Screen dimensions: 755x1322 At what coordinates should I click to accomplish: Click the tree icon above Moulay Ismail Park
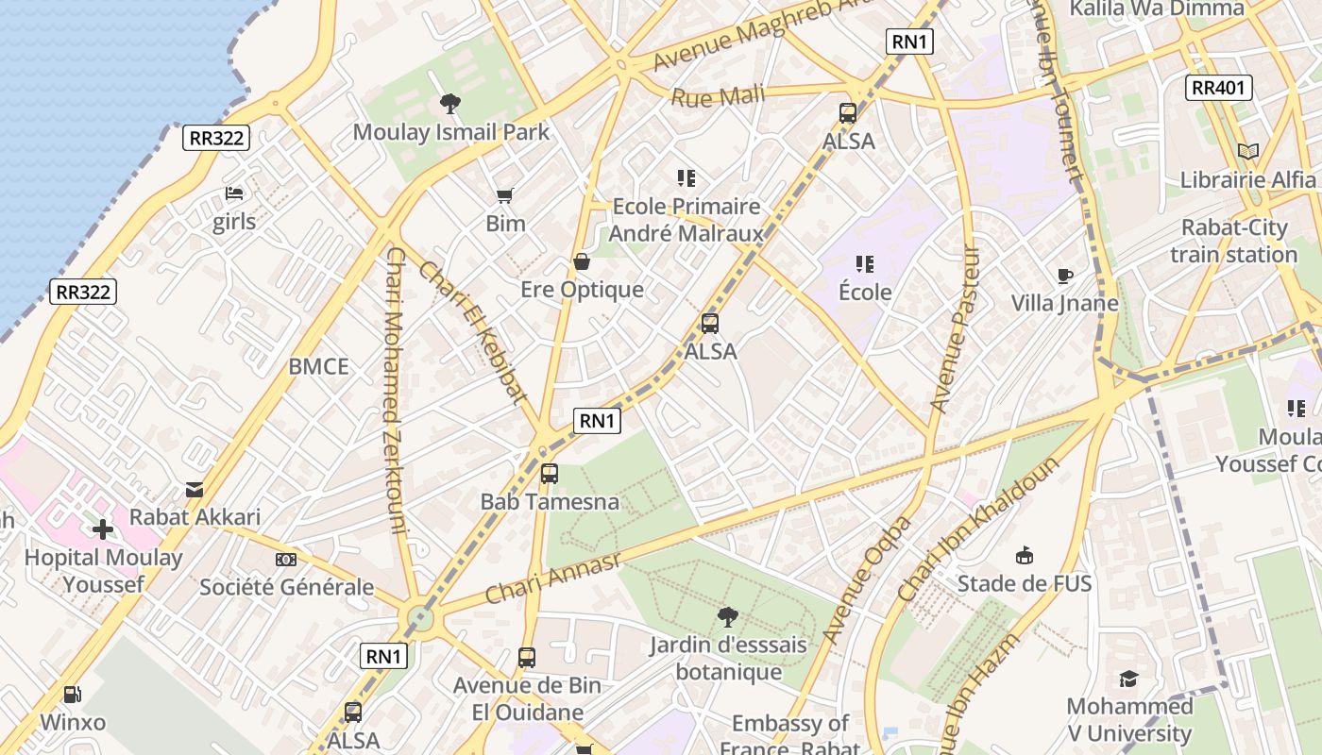point(450,104)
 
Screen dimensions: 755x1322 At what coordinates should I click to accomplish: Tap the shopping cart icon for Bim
point(505,195)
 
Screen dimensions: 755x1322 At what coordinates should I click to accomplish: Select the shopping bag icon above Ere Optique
point(582,261)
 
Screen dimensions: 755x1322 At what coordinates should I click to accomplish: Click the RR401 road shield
point(1219,88)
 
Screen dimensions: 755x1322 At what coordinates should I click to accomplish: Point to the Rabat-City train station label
point(1233,242)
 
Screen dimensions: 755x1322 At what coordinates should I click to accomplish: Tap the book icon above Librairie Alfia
point(1248,151)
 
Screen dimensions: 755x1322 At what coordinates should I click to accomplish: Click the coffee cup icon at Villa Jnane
point(1065,276)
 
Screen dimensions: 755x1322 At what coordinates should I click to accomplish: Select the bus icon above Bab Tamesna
point(550,474)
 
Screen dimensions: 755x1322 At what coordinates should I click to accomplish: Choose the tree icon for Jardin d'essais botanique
point(727,617)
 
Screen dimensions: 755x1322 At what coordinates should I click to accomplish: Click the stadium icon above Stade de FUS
point(1025,555)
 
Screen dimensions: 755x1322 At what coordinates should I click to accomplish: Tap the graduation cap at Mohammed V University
point(1128,679)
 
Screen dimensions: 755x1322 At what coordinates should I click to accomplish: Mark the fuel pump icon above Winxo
point(72,695)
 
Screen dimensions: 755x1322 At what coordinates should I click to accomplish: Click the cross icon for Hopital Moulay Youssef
point(103,529)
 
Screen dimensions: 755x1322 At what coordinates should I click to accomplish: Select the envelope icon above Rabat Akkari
point(195,489)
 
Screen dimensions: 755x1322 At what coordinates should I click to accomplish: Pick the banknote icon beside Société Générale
point(286,560)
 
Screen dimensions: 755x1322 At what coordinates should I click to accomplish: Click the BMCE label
point(318,367)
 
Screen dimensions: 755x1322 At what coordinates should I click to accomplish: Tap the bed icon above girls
point(234,193)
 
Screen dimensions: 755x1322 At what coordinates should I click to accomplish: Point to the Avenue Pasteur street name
point(955,330)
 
